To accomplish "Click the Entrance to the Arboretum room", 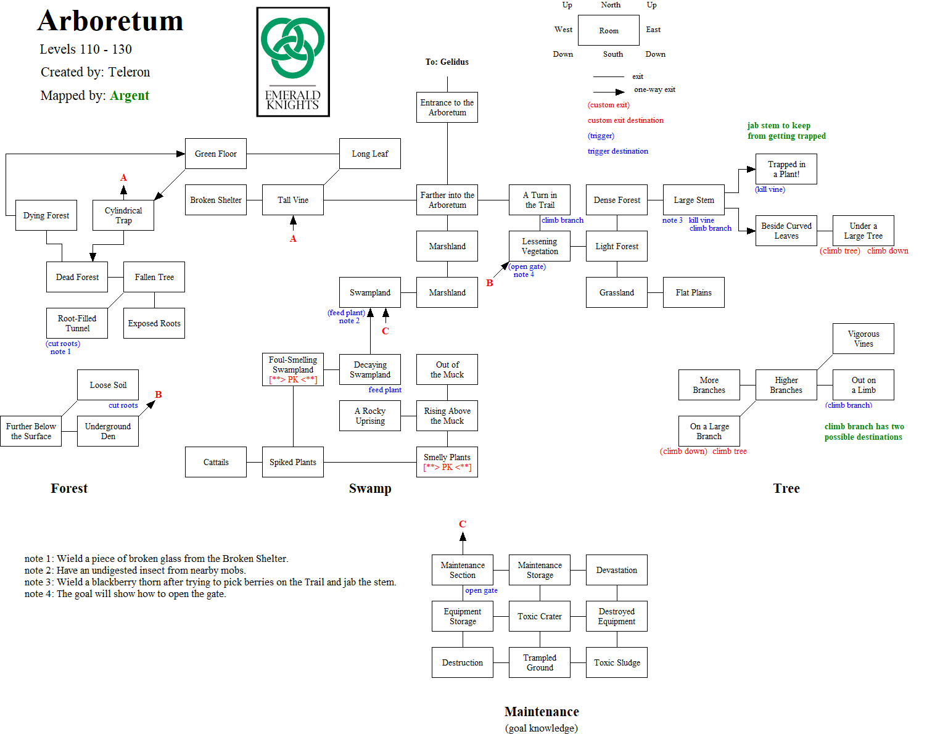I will coord(447,107).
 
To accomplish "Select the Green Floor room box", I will coord(216,154).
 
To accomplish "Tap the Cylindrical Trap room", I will coord(123,215).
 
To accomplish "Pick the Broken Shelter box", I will coord(216,200).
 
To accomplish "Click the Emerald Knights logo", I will coord(293,62).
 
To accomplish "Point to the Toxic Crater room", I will coord(540,616).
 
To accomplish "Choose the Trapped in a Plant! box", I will coord(786,169).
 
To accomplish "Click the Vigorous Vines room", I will coord(864,339).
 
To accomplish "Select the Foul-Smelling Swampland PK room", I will coord(293,369).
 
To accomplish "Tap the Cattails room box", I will coord(216,462).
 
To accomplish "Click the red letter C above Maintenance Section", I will coord(463,524).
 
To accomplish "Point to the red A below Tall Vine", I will coord(293,239).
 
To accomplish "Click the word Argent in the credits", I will coord(130,96).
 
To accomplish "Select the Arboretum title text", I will coord(110,21).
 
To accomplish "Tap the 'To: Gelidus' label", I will coord(447,62).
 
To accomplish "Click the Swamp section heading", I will coord(370,489).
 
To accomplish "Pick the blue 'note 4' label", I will coord(524,274).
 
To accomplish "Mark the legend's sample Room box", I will coord(609,30).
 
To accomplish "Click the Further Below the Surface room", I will coord(31,431).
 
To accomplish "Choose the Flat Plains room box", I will coord(694,292).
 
